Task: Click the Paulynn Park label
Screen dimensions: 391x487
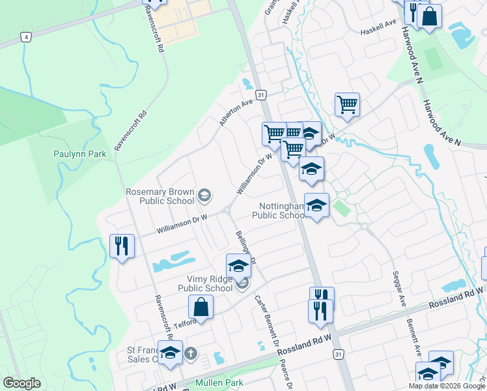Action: pyautogui.click(x=79, y=154)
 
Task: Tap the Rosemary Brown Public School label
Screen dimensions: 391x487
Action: pyautogui.click(x=161, y=196)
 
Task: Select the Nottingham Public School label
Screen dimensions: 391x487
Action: pyautogui.click(x=279, y=210)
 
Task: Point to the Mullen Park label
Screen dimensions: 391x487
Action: pyautogui.click(x=219, y=383)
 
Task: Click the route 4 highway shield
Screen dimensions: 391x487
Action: pyautogui.click(x=25, y=36)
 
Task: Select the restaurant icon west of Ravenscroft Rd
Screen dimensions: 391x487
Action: pyautogui.click(x=122, y=246)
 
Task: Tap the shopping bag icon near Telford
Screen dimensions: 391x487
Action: pyautogui.click(x=201, y=307)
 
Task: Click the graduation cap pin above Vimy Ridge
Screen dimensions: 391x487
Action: pyautogui.click(x=238, y=266)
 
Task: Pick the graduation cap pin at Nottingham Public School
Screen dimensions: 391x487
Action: pyautogui.click(x=316, y=205)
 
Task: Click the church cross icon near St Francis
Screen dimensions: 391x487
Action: pyautogui.click(x=190, y=354)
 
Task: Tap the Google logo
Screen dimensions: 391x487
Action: pyautogui.click(x=21, y=383)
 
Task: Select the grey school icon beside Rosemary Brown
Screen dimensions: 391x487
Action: pyautogui.click(x=204, y=194)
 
